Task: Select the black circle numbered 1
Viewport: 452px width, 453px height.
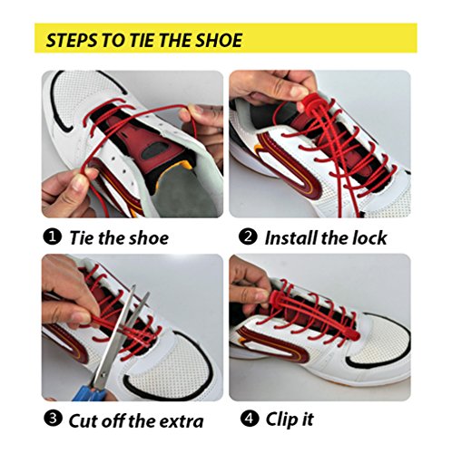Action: coord(53,237)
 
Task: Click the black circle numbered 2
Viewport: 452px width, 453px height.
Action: coord(248,237)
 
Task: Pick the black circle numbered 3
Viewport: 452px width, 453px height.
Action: coord(53,419)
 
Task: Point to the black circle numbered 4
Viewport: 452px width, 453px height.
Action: coord(250,419)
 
